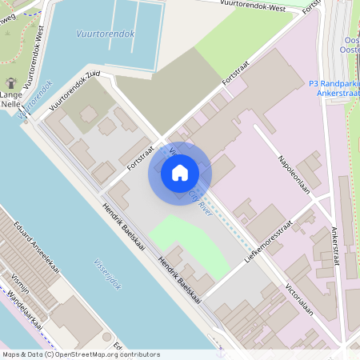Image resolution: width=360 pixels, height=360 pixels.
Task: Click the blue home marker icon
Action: click(180, 172)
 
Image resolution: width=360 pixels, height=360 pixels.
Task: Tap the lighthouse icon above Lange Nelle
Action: click(11, 83)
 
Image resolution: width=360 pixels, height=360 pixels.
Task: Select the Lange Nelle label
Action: click(11, 98)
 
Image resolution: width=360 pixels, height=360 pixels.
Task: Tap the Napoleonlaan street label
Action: click(294, 170)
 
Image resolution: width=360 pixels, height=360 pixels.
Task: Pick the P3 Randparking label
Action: click(334, 82)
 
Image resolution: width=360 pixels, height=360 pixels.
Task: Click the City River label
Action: click(200, 198)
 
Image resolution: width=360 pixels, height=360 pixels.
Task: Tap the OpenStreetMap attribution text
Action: click(81, 354)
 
